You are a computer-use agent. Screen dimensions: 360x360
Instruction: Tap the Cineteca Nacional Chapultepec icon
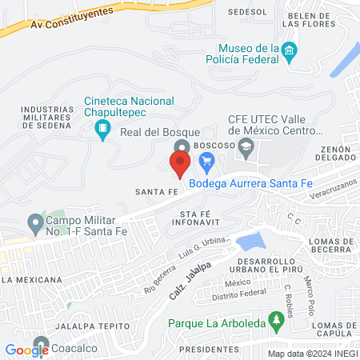point(102,128)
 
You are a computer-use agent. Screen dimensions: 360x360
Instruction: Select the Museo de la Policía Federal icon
point(290,53)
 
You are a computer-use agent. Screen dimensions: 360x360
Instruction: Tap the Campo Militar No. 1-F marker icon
point(34,221)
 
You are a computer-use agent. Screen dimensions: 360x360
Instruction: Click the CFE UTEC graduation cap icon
point(246,145)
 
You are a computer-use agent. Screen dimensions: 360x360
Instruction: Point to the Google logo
point(26,350)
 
